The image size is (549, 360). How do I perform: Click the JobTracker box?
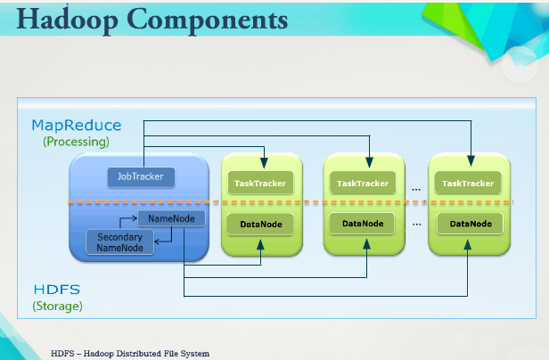[141, 176]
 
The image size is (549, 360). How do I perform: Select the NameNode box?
[171, 218]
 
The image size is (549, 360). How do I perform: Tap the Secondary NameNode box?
[119, 242]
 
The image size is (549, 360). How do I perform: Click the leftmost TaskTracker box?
[260, 183]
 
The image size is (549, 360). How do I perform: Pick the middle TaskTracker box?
[363, 183]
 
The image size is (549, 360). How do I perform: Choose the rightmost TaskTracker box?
[468, 183]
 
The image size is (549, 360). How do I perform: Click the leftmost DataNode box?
[260, 225]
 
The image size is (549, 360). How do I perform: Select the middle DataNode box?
[363, 224]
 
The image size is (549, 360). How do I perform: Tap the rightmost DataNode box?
[471, 224]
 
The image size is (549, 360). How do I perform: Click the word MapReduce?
[77, 125]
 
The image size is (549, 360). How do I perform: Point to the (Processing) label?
[76, 142]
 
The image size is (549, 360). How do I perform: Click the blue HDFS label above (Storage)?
[57, 290]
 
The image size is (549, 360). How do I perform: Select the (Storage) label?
[57, 306]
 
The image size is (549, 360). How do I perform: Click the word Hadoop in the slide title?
[67, 20]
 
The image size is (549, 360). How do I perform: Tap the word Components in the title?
[208, 20]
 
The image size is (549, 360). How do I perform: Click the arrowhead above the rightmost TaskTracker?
[471, 160]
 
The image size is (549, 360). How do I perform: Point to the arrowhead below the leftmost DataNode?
[260, 244]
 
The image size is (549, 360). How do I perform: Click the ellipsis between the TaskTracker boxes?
[416, 190]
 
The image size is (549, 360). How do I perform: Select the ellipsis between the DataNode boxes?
[417, 225]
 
